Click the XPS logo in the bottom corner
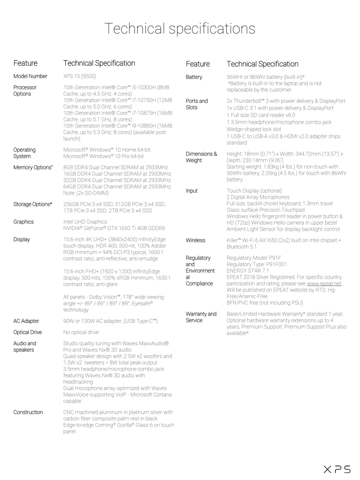[x=337, y=469]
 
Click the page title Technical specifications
[x=180, y=29]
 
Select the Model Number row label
[x=30, y=76]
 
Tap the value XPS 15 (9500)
[x=80, y=76]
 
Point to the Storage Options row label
[x=33, y=204]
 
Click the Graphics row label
[x=24, y=222]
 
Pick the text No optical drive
[x=81, y=332]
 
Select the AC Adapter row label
[x=26, y=321]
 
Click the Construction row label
[x=28, y=412]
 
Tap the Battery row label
[x=194, y=77]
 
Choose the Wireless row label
[x=196, y=240]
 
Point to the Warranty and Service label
[x=201, y=317]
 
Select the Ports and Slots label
[x=197, y=104]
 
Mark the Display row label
[x=22, y=239]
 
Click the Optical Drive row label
[x=28, y=332]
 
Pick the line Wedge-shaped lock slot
[x=254, y=129]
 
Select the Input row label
[x=192, y=191]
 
